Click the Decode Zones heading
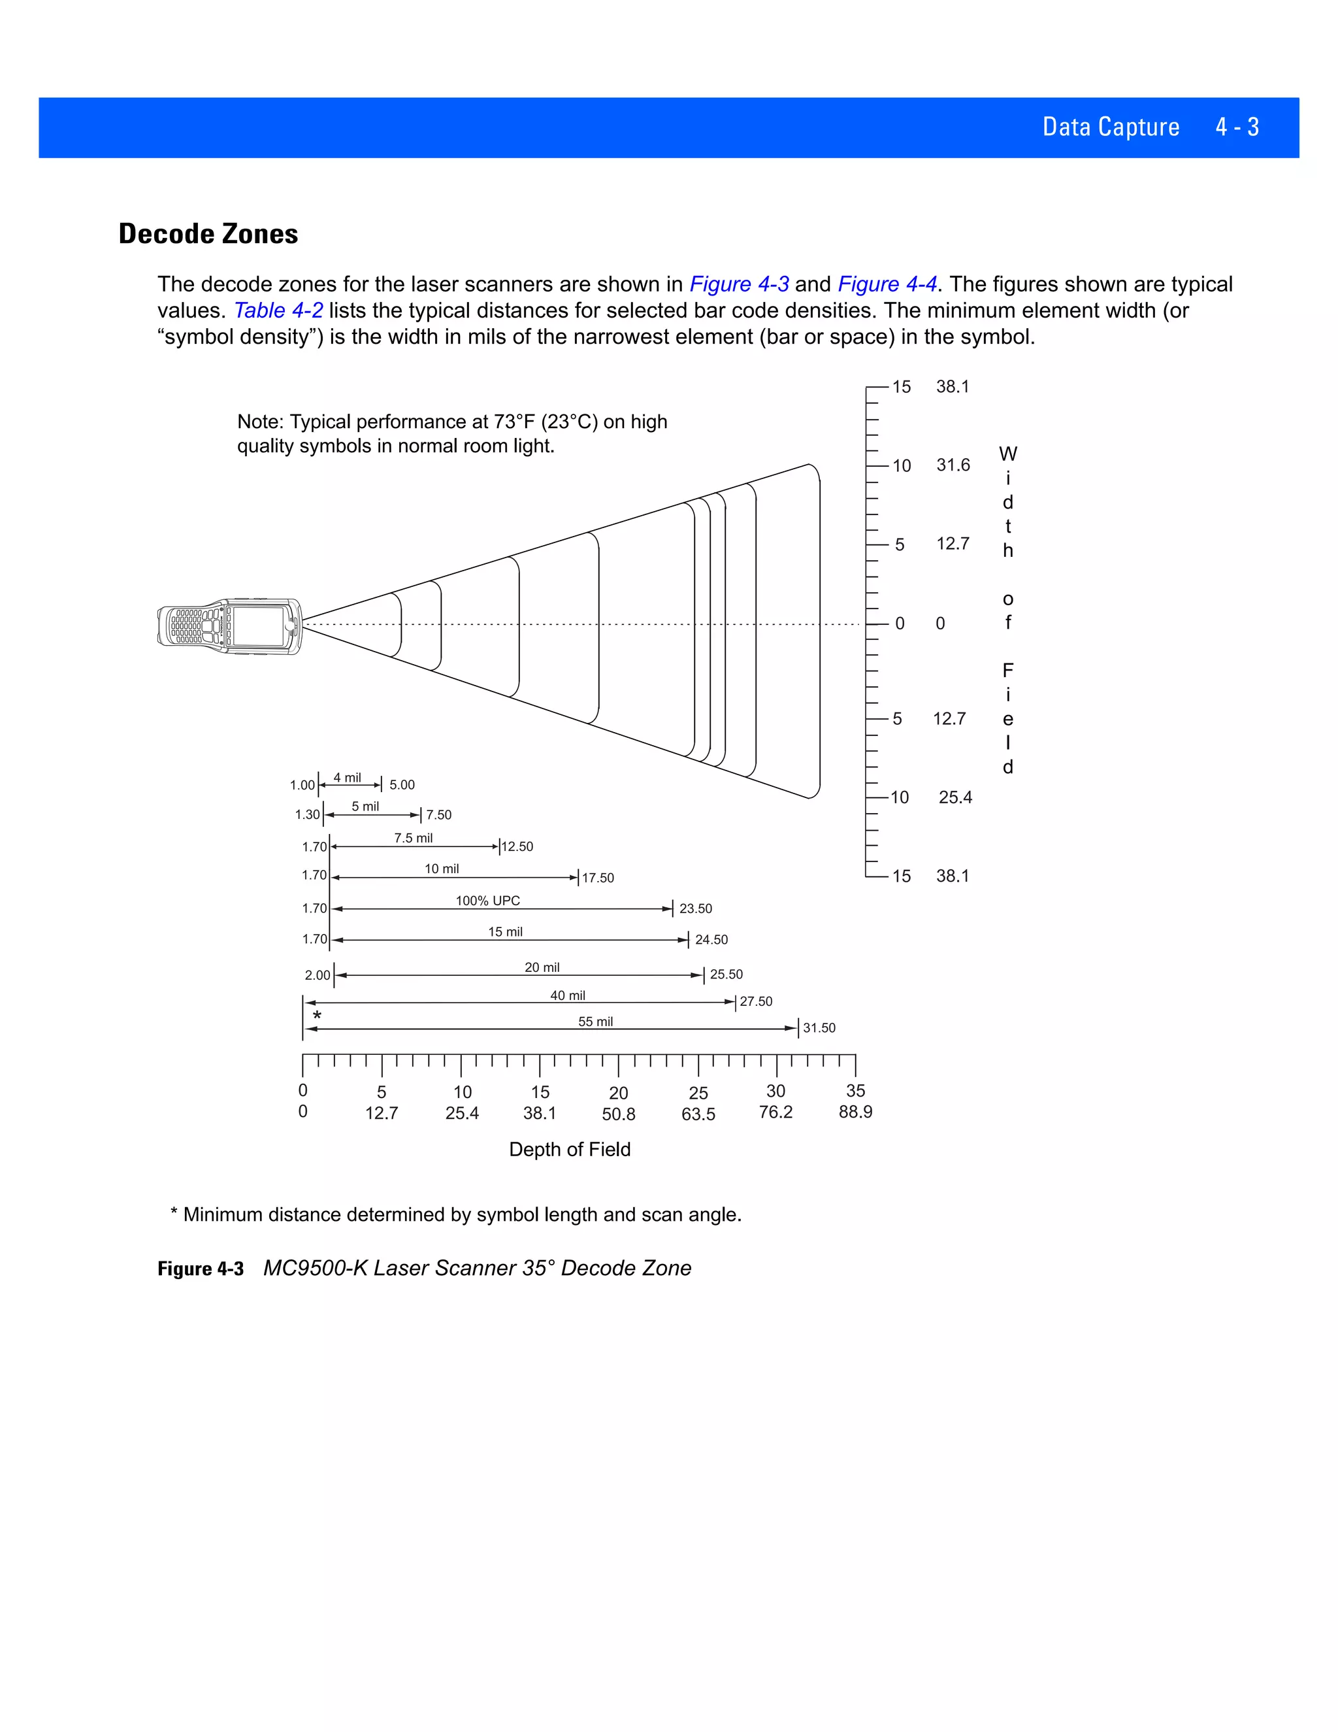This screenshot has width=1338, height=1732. point(208,234)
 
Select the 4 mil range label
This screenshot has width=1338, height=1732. point(346,778)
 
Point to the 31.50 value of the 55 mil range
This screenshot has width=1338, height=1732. point(819,1028)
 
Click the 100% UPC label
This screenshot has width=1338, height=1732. point(487,901)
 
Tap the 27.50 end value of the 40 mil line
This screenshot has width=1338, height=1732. point(755,1001)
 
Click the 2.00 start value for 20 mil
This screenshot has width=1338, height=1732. point(317,975)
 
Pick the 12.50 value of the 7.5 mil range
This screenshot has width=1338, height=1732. point(517,847)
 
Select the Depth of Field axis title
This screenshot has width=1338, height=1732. point(569,1149)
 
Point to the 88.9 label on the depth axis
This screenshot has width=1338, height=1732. point(855,1112)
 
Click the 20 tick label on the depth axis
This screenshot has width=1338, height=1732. point(618,1093)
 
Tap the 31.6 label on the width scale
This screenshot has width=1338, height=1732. point(953,465)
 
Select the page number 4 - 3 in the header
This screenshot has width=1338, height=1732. point(1237,127)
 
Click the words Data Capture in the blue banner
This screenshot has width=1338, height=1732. point(1111,127)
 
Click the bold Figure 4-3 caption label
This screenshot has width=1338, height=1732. point(201,1269)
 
